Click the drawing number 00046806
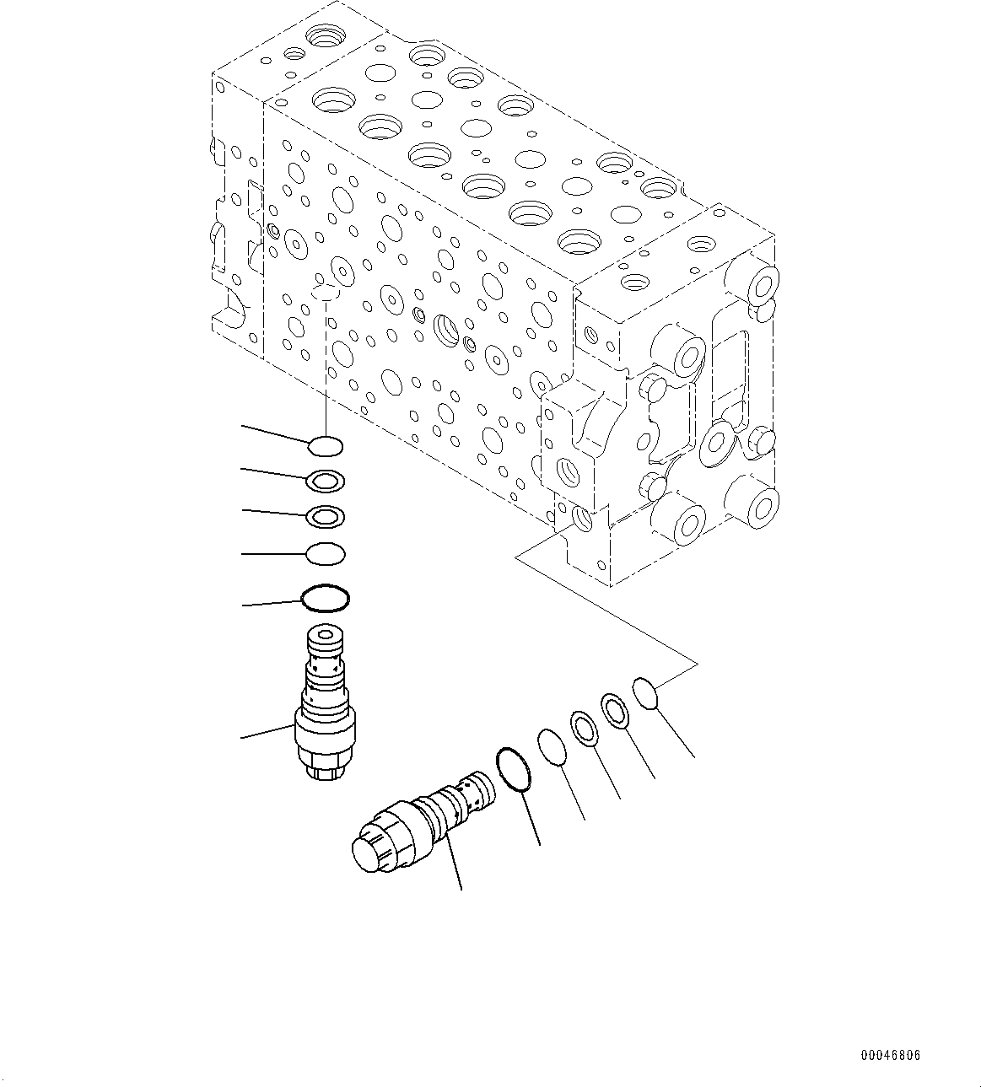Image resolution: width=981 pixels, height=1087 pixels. (891, 1055)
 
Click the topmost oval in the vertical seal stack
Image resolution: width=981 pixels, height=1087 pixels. (326, 444)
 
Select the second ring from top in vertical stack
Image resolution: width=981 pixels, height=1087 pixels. (326, 481)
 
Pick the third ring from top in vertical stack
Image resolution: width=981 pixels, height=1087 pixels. (326, 516)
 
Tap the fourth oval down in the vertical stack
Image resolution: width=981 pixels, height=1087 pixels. (326, 554)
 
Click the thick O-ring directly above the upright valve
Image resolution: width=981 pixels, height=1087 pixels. (326, 598)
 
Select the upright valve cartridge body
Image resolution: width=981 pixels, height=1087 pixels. (326, 708)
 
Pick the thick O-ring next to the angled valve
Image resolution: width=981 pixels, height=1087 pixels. (514, 769)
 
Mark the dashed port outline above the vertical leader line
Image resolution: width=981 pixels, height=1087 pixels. (325, 293)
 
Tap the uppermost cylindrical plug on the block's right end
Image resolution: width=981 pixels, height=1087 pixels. (762, 283)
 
